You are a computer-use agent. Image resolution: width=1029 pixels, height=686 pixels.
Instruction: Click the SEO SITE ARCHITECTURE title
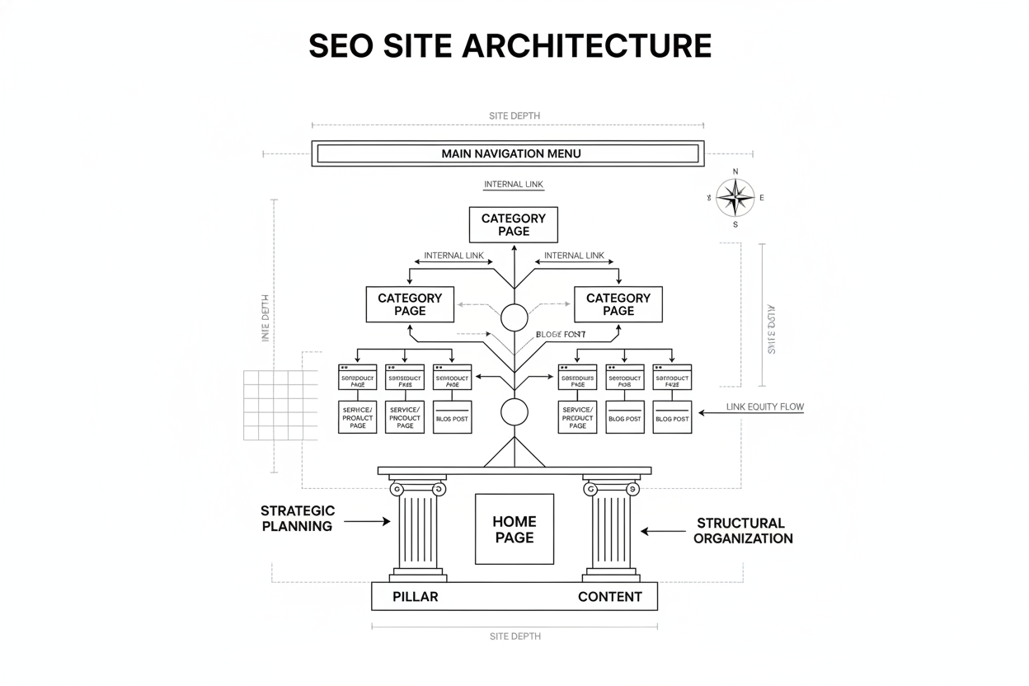[510, 45]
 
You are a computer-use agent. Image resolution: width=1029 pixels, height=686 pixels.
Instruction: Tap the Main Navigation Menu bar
[508, 153]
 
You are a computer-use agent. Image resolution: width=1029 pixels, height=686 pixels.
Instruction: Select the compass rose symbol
[735, 198]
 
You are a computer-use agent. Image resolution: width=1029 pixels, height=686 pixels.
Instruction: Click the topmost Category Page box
[513, 225]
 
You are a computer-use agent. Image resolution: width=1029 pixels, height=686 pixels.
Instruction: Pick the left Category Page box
[410, 304]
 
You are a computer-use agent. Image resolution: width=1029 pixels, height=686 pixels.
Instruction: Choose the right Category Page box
[618, 304]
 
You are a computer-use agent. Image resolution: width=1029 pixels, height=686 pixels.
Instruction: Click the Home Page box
[514, 529]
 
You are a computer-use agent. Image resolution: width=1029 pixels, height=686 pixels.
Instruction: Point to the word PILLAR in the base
[416, 597]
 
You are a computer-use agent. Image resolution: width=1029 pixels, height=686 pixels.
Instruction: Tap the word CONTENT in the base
[609, 597]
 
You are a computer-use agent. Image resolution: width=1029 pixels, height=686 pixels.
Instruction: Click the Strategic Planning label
[298, 519]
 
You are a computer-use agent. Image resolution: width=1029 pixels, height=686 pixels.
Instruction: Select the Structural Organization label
[742, 530]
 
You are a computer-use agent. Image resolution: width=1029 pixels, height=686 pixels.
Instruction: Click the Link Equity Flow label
[764, 406]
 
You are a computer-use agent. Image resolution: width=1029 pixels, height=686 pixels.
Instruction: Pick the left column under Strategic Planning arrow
[417, 528]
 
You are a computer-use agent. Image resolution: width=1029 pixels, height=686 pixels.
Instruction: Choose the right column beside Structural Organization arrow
[611, 528]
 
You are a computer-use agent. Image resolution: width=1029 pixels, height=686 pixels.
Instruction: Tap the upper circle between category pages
[514, 317]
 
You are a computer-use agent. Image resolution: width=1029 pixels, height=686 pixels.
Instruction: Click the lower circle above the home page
[514, 411]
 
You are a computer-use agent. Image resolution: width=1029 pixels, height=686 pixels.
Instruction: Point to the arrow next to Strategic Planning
[367, 521]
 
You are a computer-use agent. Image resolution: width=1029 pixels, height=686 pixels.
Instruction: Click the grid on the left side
[280, 405]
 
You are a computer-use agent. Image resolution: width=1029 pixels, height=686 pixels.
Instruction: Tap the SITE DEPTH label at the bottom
[514, 637]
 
